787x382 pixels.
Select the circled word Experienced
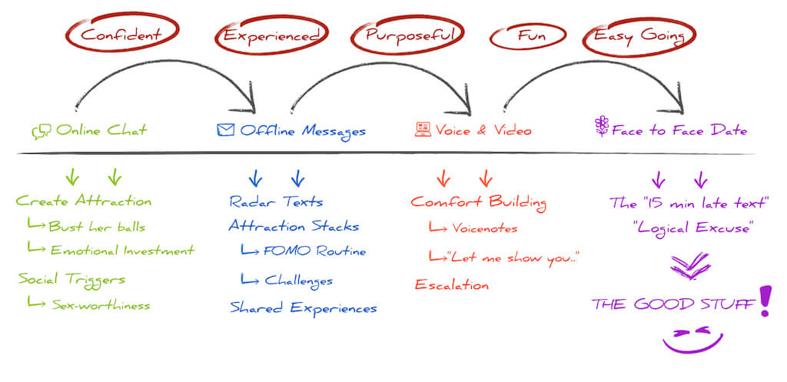pos(271,35)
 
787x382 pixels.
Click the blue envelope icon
pos(225,130)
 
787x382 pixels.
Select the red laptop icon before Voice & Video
pos(423,130)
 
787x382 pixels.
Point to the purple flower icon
pos(601,128)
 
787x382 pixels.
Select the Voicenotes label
pos(485,228)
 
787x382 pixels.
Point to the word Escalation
pos(452,284)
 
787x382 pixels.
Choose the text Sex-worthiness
pos(101,305)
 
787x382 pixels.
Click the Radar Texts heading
pos(277,202)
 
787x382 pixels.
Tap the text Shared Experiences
pos(304,308)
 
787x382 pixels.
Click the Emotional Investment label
pos(122,250)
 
